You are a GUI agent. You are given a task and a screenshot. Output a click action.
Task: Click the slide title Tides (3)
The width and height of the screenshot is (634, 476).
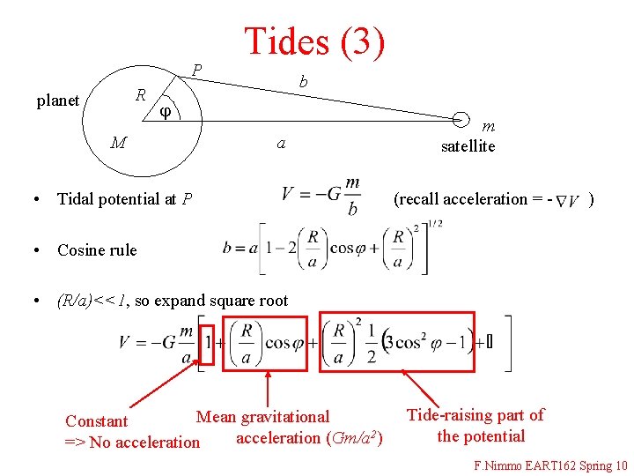point(313,41)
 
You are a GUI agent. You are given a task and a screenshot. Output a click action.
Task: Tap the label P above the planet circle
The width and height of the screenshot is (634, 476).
point(197,70)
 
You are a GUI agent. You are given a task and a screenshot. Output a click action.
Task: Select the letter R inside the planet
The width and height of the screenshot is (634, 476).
point(140,94)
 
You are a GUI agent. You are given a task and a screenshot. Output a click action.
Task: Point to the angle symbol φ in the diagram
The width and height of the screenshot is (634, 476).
point(166,112)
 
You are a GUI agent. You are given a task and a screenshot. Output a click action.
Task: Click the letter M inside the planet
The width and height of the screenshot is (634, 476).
point(118,142)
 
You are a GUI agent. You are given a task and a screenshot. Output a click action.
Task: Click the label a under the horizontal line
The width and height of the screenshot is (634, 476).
point(281,142)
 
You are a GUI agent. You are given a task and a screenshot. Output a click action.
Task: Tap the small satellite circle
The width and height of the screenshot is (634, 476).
point(461,118)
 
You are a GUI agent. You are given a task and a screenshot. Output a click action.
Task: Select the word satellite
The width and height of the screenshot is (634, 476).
point(468,146)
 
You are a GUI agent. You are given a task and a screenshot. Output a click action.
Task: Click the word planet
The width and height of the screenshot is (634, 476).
point(58,100)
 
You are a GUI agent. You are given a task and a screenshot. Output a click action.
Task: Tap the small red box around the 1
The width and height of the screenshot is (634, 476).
point(207,339)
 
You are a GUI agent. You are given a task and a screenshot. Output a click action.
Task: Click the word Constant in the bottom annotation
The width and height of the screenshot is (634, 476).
point(97,421)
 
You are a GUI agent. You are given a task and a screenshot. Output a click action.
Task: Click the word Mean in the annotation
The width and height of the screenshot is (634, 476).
point(216,417)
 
